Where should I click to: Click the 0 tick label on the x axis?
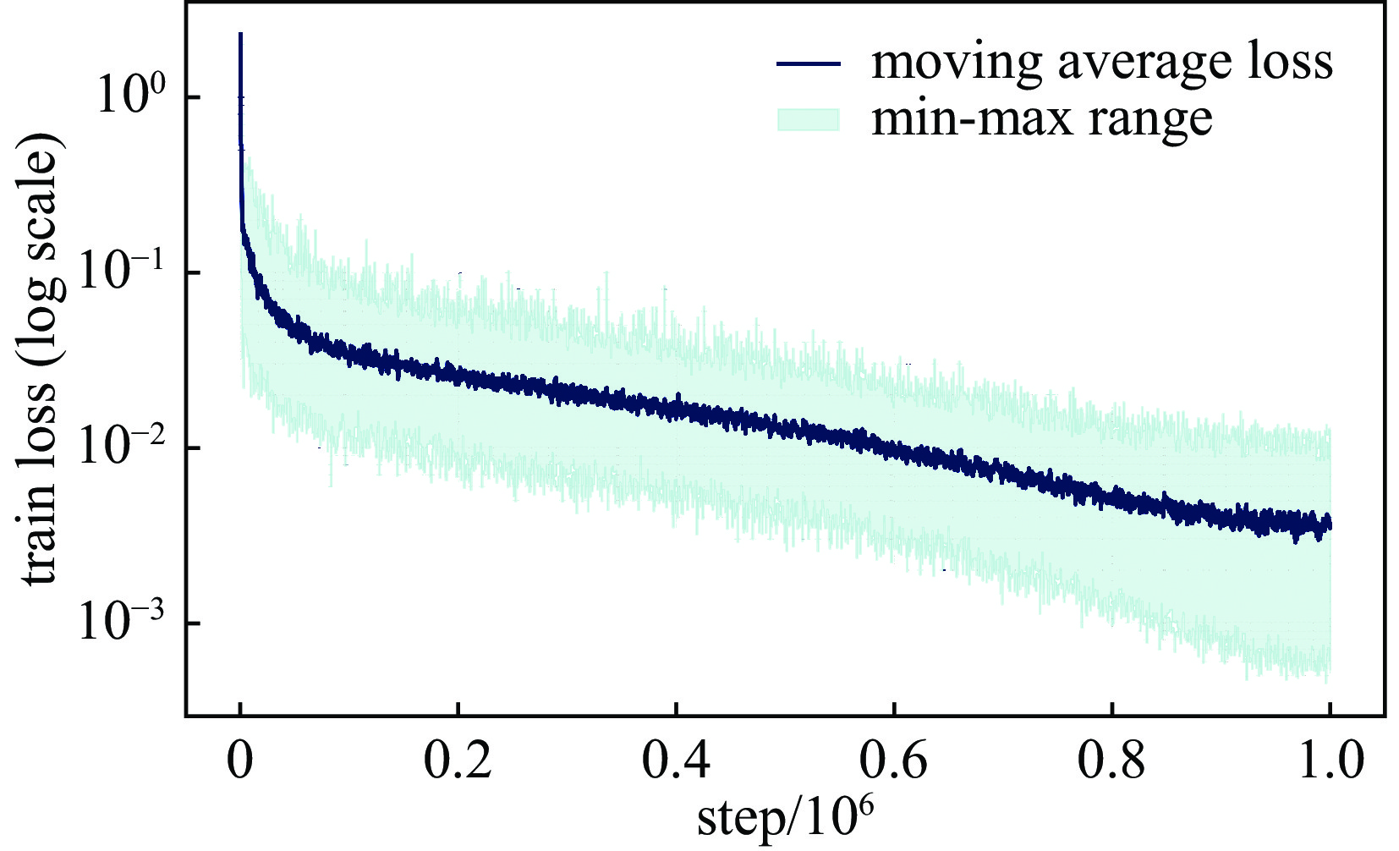[x=240, y=760]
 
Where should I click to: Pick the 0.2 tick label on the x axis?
[x=458, y=760]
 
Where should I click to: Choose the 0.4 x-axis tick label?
[x=676, y=760]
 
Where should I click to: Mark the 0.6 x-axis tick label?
[x=894, y=760]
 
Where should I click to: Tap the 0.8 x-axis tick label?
[x=1111, y=760]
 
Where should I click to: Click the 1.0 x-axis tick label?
[x=1330, y=760]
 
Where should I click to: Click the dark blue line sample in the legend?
[x=809, y=63]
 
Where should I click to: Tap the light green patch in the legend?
[x=809, y=119]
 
